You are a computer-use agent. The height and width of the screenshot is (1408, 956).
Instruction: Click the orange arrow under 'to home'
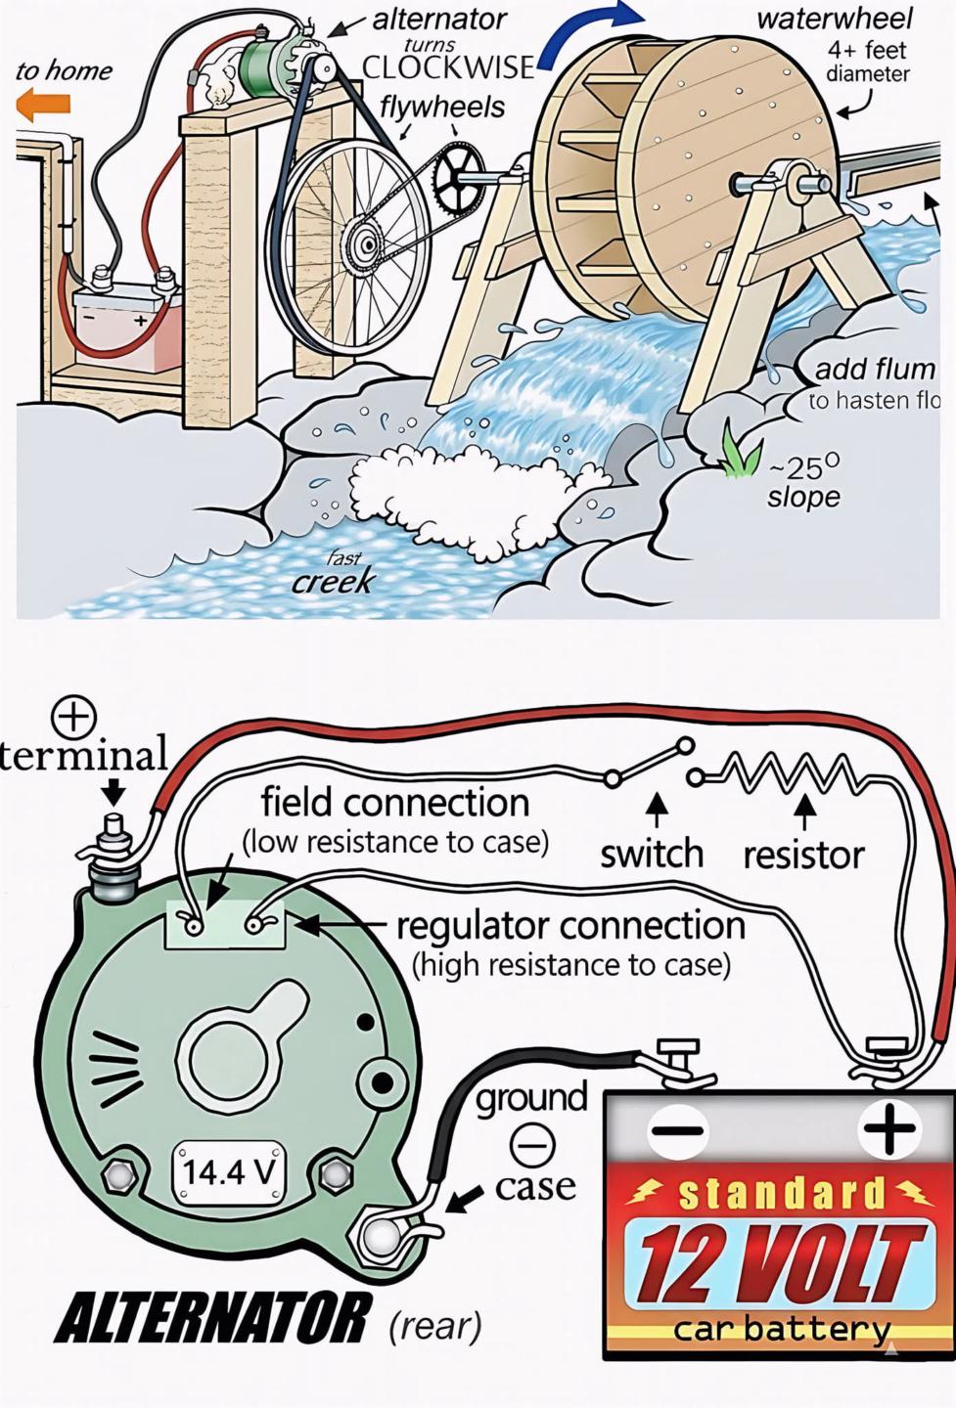44,105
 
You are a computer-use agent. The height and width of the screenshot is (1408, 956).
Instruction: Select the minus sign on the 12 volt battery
676,1129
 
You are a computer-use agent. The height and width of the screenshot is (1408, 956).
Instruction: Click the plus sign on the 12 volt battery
888,1129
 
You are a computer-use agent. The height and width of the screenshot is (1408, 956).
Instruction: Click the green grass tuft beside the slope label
741,453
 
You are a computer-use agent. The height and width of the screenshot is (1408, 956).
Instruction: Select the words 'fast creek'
335,575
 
